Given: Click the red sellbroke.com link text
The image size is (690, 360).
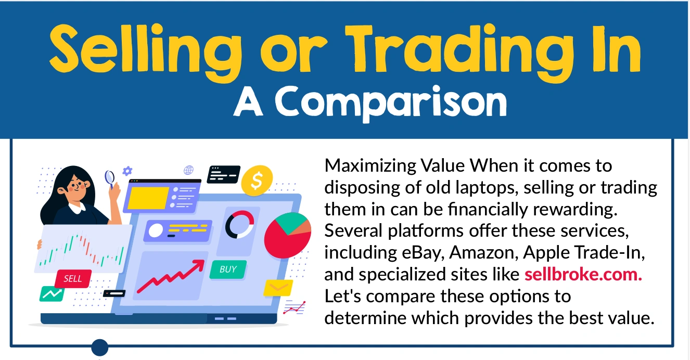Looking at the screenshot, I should coord(583,274).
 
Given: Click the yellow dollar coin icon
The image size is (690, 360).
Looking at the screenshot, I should coord(257,180).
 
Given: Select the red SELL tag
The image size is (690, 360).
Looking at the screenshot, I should coord(73,278).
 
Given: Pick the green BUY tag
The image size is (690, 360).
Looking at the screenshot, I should coord(228,269).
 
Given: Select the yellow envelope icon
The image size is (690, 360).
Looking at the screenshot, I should coord(278,287).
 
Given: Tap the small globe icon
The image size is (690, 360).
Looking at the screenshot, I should coord(188,170).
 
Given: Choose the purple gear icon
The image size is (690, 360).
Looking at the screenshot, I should coord(127,170).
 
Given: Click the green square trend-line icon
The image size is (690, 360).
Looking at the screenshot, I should coord(52,293).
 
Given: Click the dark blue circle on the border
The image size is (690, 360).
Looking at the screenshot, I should coord(99,347).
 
